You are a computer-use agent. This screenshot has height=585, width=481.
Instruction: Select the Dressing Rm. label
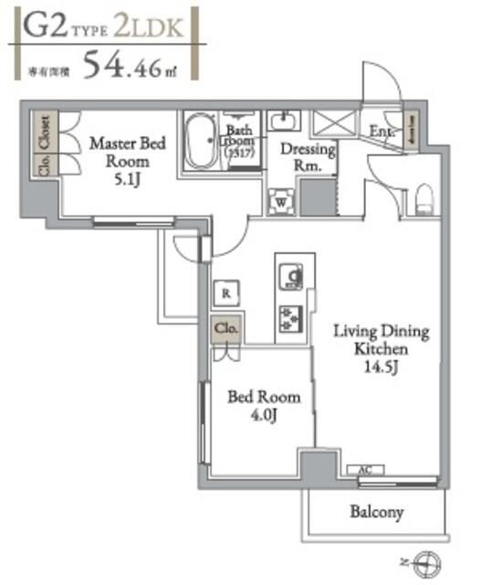tap(308, 157)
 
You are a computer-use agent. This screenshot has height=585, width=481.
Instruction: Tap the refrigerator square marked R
tap(225, 292)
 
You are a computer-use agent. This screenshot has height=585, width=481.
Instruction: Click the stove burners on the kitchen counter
tap(292, 317)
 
